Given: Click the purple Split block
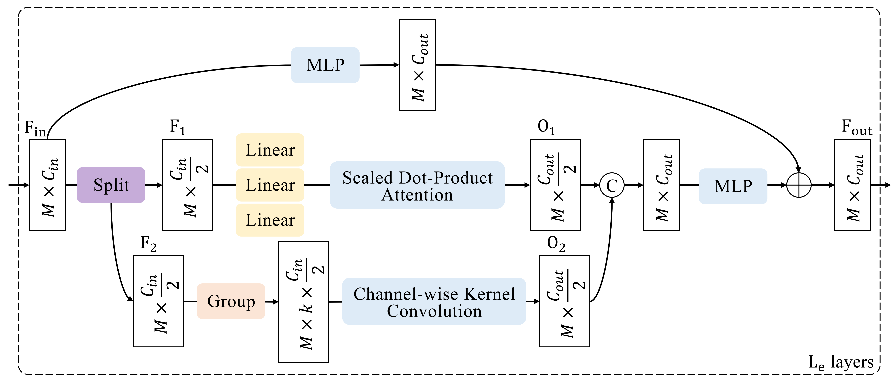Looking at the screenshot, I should click(x=111, y=185).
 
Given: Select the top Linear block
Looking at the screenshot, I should click(x=270, y=150).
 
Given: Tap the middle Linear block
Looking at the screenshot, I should click(x=270, y=185).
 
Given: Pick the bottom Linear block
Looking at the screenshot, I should click(x=270, y=220).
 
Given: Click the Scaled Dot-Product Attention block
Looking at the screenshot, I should click(x=417, y=185).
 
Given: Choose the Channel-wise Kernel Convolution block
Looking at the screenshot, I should click(x=434, y=301).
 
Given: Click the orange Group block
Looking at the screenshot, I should click(x=231, y=301).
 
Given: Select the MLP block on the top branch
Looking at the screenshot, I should click(x=325, y=65).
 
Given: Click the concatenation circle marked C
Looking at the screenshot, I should click(x=612, y=185).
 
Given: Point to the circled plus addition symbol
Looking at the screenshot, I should click(x=799, y=185).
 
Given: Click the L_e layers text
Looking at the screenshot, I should click(x=841, y=363).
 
